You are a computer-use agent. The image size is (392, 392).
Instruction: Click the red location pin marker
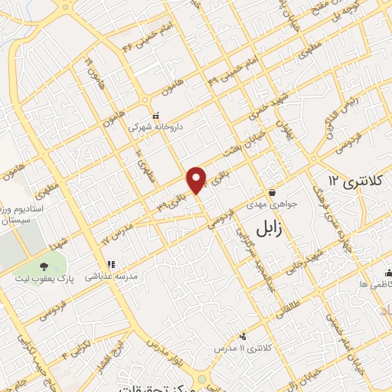[x=198, y=179]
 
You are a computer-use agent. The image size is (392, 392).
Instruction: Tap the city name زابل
[x=263, y=227]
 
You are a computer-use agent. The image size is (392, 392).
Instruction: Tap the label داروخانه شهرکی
[x=155, y=128]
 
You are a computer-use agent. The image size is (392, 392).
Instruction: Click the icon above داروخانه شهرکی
[x=155, y=116]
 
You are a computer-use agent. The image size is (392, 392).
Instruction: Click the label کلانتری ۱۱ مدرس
[x=244, y=348]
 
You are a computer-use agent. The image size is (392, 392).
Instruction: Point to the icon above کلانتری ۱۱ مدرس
[x=243, y=335]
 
